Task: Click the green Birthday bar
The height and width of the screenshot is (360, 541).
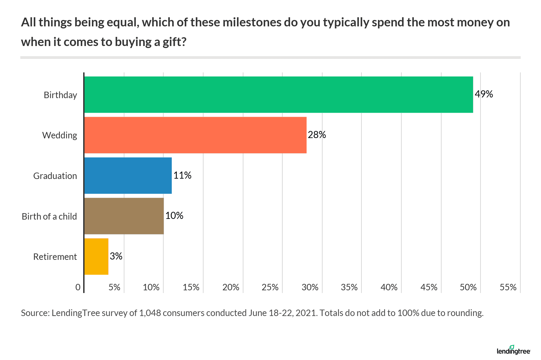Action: click(278, 95)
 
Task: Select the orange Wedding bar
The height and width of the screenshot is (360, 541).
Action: click(195, 135)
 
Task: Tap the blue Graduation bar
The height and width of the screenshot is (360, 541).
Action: click(128, 176)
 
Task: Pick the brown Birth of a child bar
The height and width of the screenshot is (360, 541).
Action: click(124, 216)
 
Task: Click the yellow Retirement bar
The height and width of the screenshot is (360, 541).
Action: click(96, 256)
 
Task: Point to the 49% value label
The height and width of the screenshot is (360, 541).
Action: click(484, 94)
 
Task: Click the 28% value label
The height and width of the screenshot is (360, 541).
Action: click(317, 135)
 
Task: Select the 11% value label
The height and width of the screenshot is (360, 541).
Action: click(182, 175)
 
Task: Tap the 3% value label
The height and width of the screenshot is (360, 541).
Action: click(116, 256)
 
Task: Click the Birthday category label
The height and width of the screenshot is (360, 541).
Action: click(60, 95)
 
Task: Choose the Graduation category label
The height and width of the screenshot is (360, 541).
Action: click(55, 176)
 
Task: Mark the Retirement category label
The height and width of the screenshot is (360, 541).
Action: click(55, 257)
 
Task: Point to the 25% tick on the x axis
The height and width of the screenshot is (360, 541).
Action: click(270, 287)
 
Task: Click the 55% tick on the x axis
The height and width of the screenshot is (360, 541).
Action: click(508, 287)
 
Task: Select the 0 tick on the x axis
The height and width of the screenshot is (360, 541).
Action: click(78, 287)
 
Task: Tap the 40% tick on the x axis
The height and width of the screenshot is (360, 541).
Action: click(389, 287)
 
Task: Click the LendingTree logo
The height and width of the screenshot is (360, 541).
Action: click(513, 351)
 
